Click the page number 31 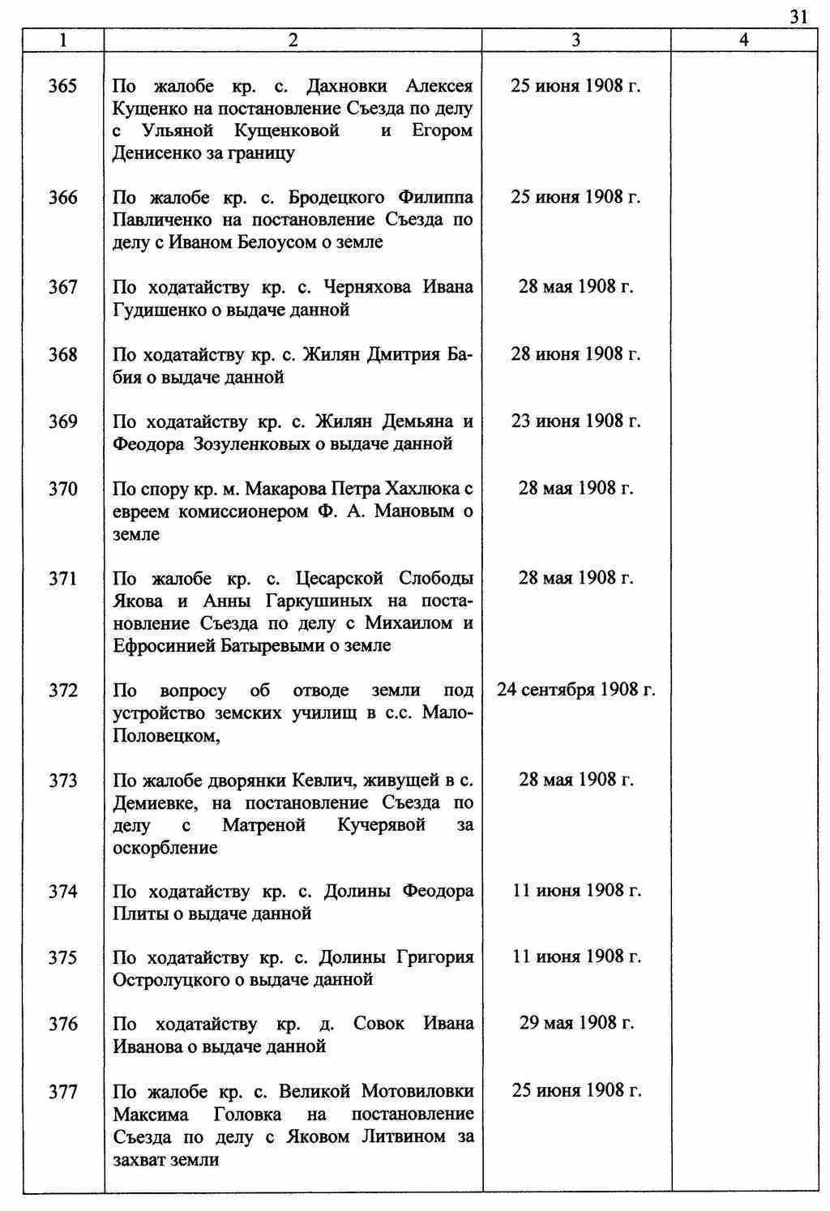(x=798, y=17)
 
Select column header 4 (x=743, y=40)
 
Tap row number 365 (x=62, y=86)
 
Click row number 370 (x=62, y=489)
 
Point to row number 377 (x=62, y=1092)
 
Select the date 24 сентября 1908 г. (x=575, y=690)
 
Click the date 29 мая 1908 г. (x=575, y=1023)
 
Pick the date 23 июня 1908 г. (x=575, y=421)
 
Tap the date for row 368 (x=575, y=354)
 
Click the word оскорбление (x=165, y=848)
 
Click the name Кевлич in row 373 (x=327, y=781)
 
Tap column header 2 (x=293, y=40)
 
